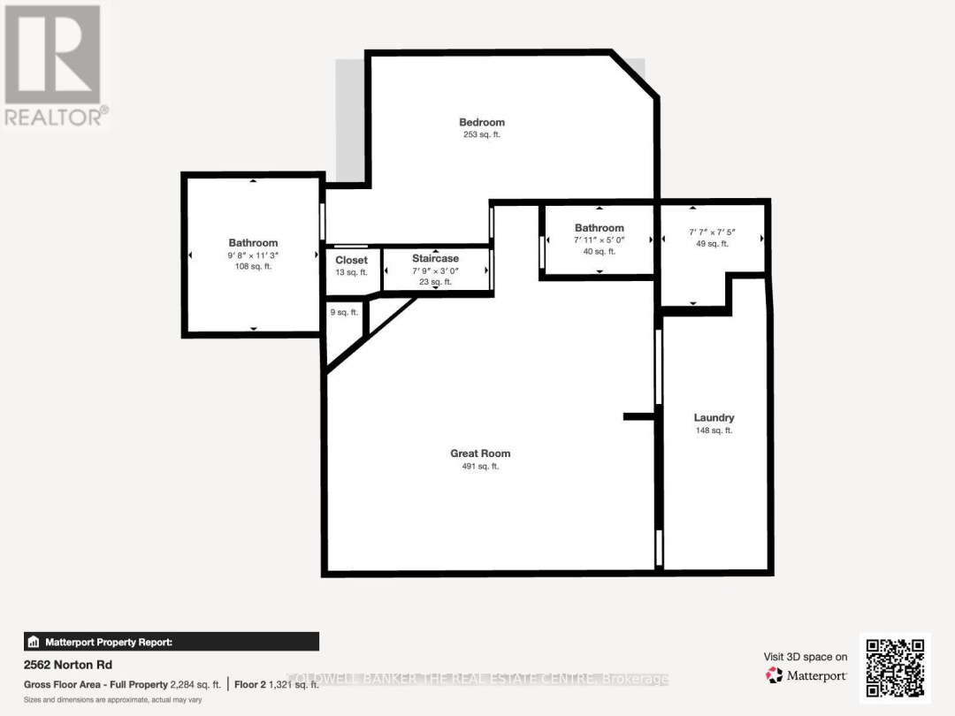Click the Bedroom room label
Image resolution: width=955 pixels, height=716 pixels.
point(481,122)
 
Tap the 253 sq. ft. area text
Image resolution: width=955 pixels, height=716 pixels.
point(481,135)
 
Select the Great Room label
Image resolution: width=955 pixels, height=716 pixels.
point(480,453)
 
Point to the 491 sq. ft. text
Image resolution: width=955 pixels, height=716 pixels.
point(480,467)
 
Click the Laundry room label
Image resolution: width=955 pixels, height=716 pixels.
point(714,417)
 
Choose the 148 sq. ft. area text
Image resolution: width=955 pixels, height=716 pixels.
point(714,430)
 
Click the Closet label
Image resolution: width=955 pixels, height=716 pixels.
point(351,260)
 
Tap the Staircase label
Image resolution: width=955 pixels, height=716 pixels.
point(435,258)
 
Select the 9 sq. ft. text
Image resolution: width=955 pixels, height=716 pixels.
point(344,312)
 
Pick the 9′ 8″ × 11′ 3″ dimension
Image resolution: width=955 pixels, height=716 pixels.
point(253,255)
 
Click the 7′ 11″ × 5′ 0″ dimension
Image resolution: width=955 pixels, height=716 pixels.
point(599,240)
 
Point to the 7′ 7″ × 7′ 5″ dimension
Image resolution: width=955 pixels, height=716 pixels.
point(712,232)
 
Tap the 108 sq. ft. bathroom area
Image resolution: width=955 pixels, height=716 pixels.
point(253,266)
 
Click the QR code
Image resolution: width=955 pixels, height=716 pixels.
point(895,669)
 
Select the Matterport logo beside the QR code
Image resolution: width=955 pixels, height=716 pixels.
point(806,675)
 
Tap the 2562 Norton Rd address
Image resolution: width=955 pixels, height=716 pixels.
point(68,665)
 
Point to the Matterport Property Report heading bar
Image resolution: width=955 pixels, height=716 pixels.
point(171,642)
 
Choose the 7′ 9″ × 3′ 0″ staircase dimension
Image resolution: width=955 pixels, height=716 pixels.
point(435,270)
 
